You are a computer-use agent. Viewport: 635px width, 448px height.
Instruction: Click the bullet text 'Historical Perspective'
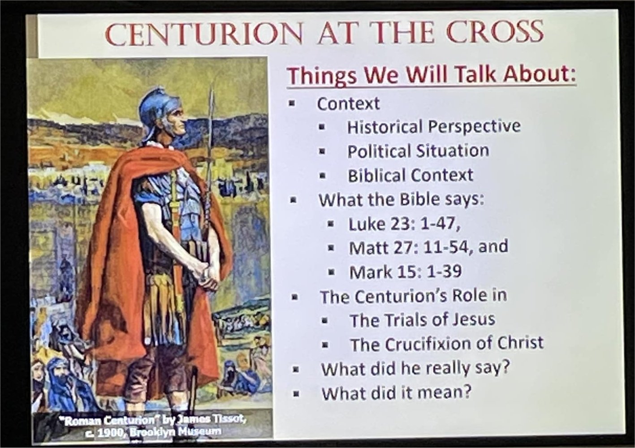tap(434, 127)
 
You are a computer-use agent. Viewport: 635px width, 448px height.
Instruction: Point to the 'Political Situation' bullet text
tap(419, 151)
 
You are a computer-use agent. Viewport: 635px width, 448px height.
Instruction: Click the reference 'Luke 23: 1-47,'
tap(404, 225)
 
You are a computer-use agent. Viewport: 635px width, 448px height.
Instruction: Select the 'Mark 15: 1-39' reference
tap(406, 272)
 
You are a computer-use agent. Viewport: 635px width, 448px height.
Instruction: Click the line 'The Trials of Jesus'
tap(423, 320)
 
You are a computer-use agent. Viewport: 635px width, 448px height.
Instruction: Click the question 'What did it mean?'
tap(396, 393)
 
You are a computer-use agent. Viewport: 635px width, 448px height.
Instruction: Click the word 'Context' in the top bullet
tap(348, 103)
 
